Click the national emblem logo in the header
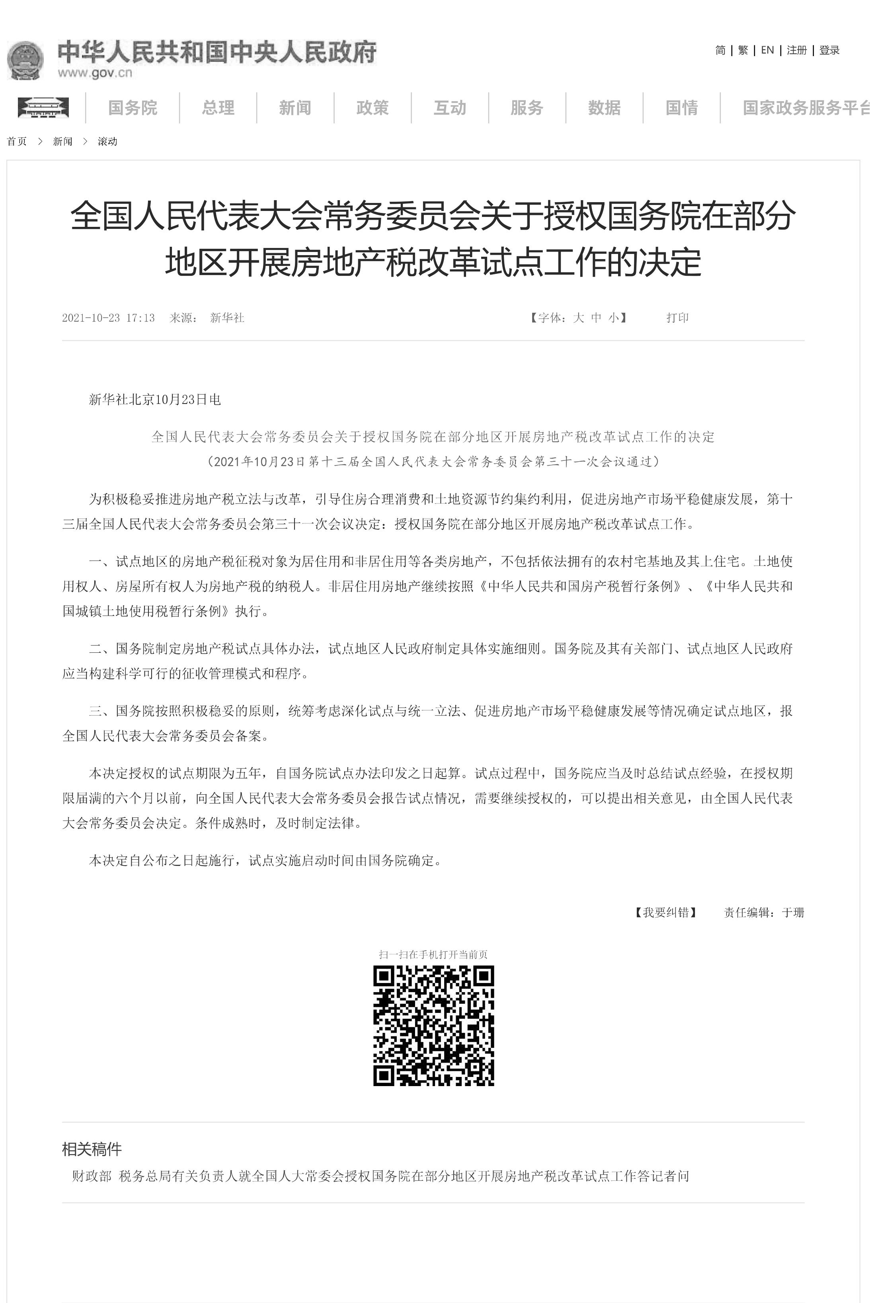pos(25,59)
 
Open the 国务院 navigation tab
pos(133,107)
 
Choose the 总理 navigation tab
pos(218,107)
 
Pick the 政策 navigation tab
pos(372,107)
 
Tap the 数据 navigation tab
pos(604,107)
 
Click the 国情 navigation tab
pos(681,107)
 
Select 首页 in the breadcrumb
pos(17,141)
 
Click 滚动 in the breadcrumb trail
pos(107,141)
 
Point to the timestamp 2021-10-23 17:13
pos(108,318)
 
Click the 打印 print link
pos(677,318)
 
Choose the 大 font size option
pos(579,318)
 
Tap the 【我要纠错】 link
pos(666,913)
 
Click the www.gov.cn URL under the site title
pos(95,73)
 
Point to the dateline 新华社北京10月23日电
pos(155,400)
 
